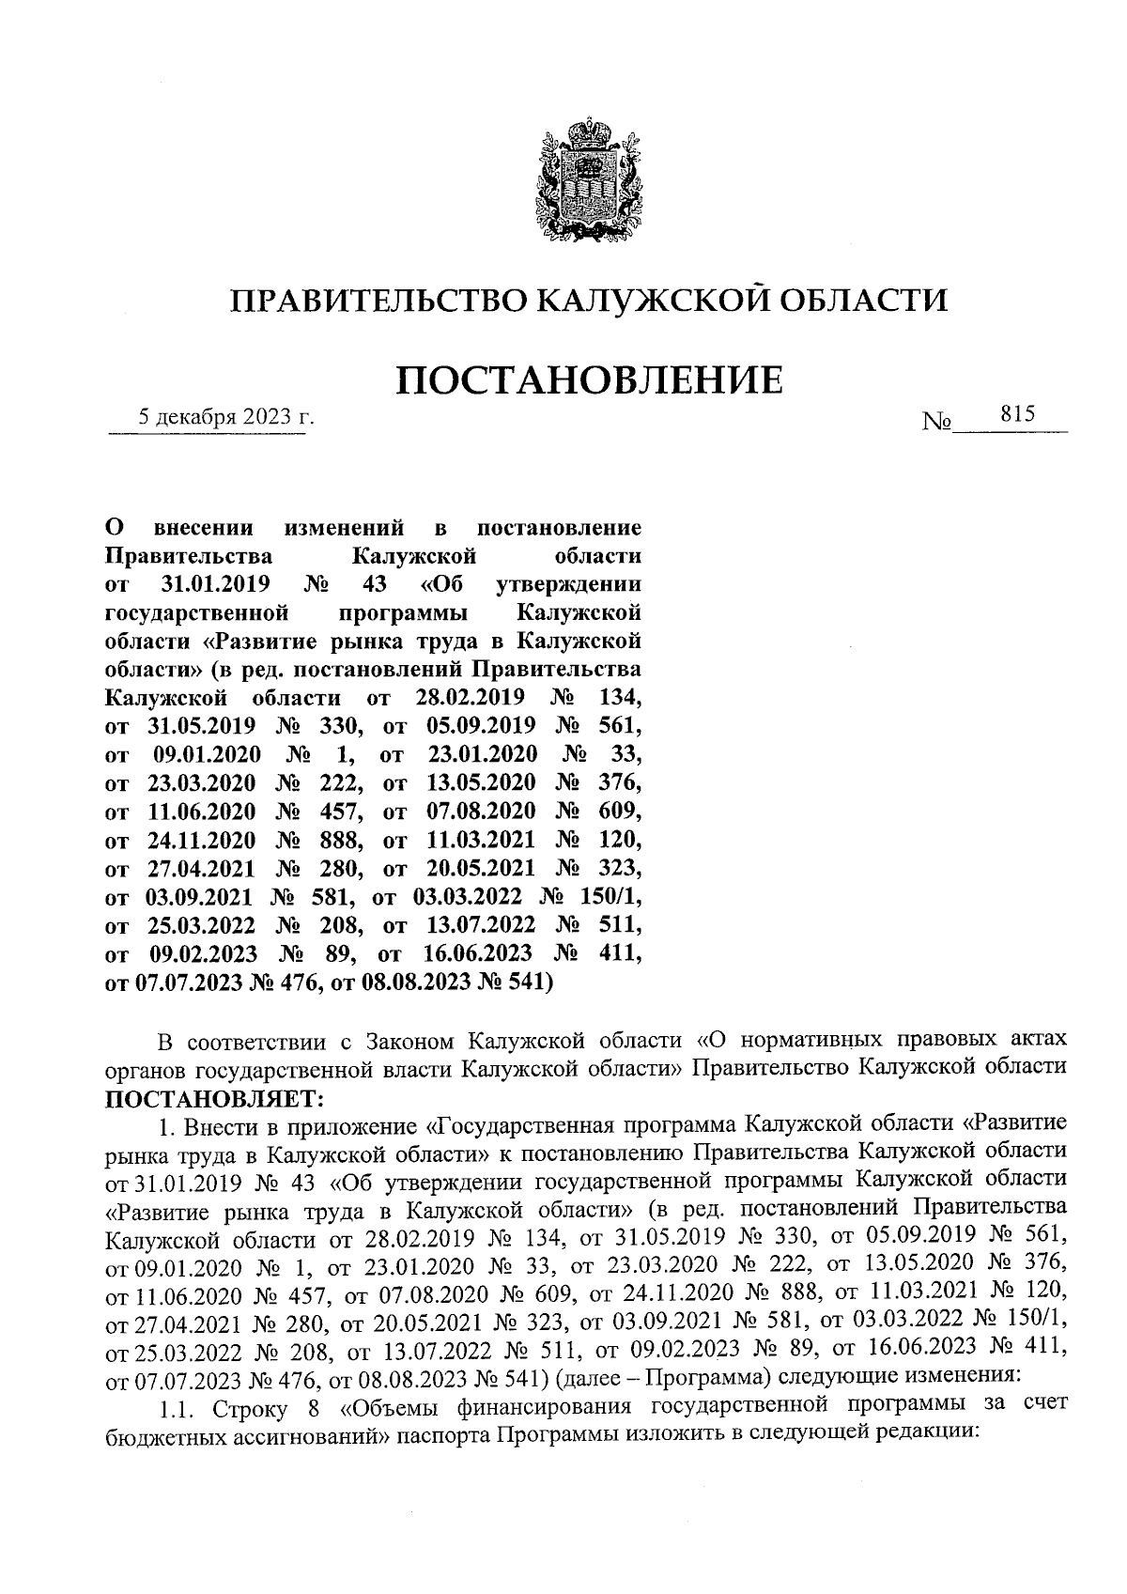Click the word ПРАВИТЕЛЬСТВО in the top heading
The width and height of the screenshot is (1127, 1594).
[379, 300]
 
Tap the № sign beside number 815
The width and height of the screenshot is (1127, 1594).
[937, 423]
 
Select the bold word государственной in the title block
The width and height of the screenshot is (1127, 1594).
[195, 614]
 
